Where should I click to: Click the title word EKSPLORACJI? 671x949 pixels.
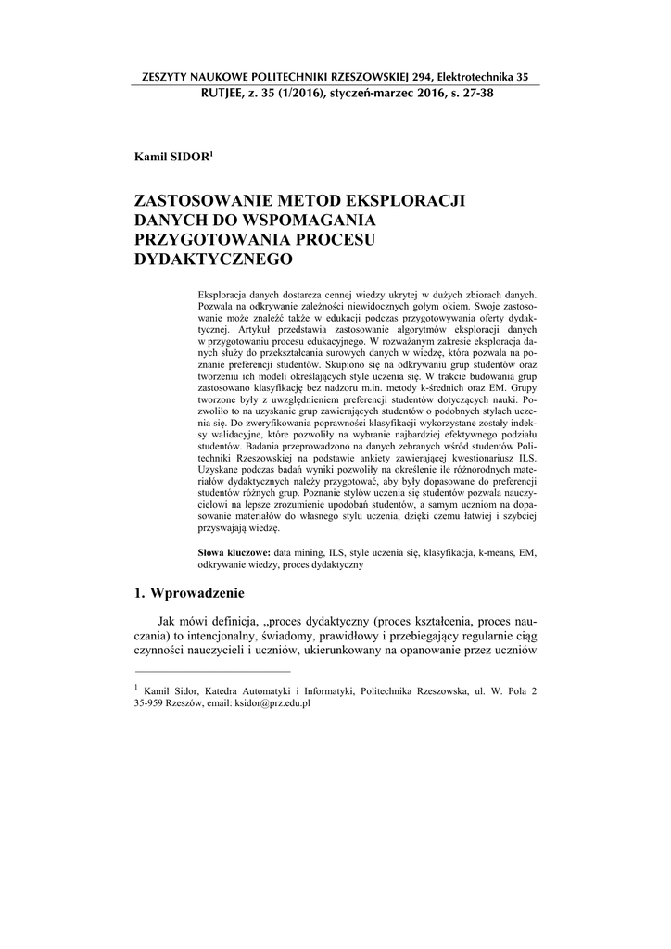coord(407,201)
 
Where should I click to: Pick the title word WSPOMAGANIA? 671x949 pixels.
coord(307,221)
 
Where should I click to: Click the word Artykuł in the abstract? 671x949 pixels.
coord(234,329)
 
